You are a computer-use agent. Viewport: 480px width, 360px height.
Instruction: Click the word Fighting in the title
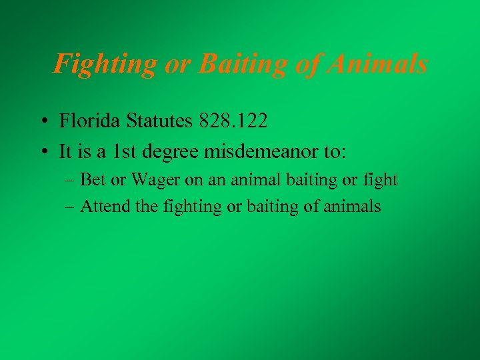pyautogui.click(x=105, y=65)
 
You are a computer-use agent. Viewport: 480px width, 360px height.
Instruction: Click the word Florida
pyautogui.click(x=87, y=121)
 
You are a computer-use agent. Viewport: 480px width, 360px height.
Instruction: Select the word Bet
pyautogui.click(x=92, y=180)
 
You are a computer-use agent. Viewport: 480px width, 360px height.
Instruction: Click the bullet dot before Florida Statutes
pyautogui.click(x=42, y=122)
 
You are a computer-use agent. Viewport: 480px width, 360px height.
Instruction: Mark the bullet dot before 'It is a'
pyautogui.click(x=42, y=153)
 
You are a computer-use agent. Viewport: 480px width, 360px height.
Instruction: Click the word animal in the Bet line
pyautogui.click(x=254, y=180)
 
